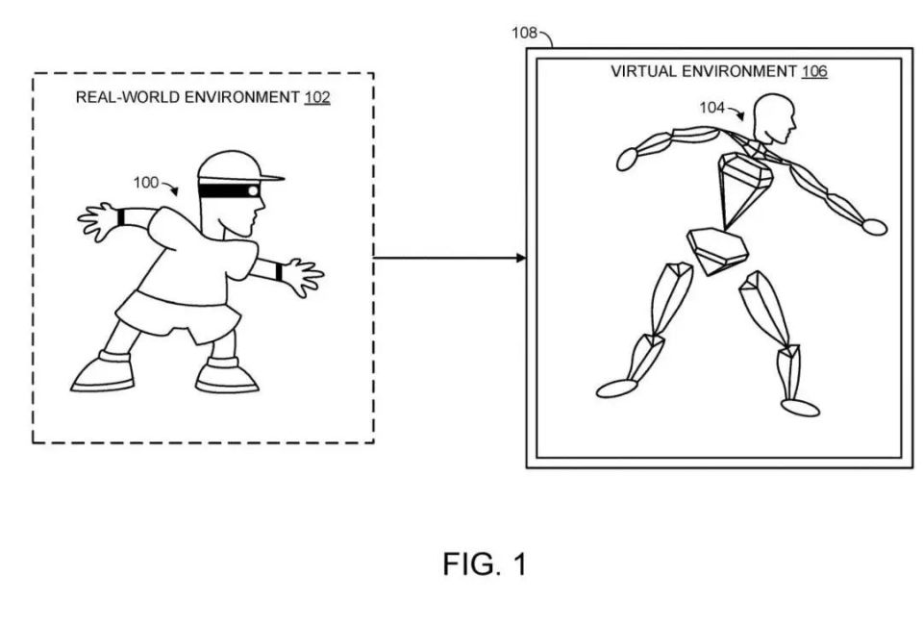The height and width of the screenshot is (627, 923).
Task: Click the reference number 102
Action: click(x=317, y=97)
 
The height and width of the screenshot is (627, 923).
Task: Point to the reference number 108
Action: click(x=524, y=33)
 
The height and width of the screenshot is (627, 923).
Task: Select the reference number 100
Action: click(x=145, y=183)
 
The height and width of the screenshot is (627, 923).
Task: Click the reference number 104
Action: click(x=711, y=108)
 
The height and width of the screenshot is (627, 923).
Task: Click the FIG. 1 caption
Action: click(x=485, y=564)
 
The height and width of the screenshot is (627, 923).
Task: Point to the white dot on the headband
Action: click(x=253, y=190)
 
